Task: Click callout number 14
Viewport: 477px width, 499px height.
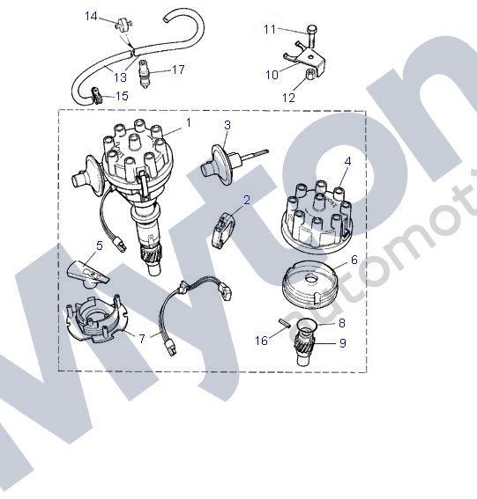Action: [91, 16]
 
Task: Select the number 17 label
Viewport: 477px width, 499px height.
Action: [178, 70]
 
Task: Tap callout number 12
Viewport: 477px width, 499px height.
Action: [289, 98]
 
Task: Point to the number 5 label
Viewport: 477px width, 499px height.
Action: [100, 246]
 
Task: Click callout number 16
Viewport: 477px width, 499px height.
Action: [261, 341]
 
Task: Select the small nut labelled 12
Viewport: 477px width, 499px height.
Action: [311, 74]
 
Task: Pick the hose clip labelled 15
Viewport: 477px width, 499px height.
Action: [97, 95]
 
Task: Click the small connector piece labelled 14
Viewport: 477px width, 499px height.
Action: [122, 24]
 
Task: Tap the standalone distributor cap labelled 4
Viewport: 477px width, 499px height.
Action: [317, 217]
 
